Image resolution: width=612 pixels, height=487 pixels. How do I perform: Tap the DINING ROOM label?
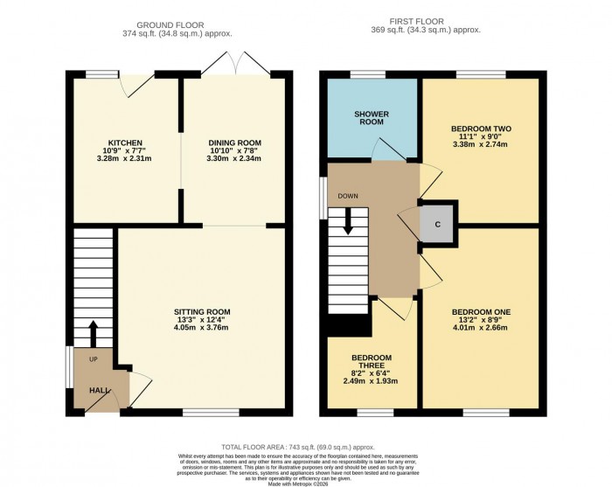(233, 143)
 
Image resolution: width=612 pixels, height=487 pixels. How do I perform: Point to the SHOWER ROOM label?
(372, 118)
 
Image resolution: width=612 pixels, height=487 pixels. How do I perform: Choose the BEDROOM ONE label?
(481, 312)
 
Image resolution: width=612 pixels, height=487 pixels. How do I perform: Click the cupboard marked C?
(438, 222)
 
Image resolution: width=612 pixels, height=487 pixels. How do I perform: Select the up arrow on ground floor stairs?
(94, 333)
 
